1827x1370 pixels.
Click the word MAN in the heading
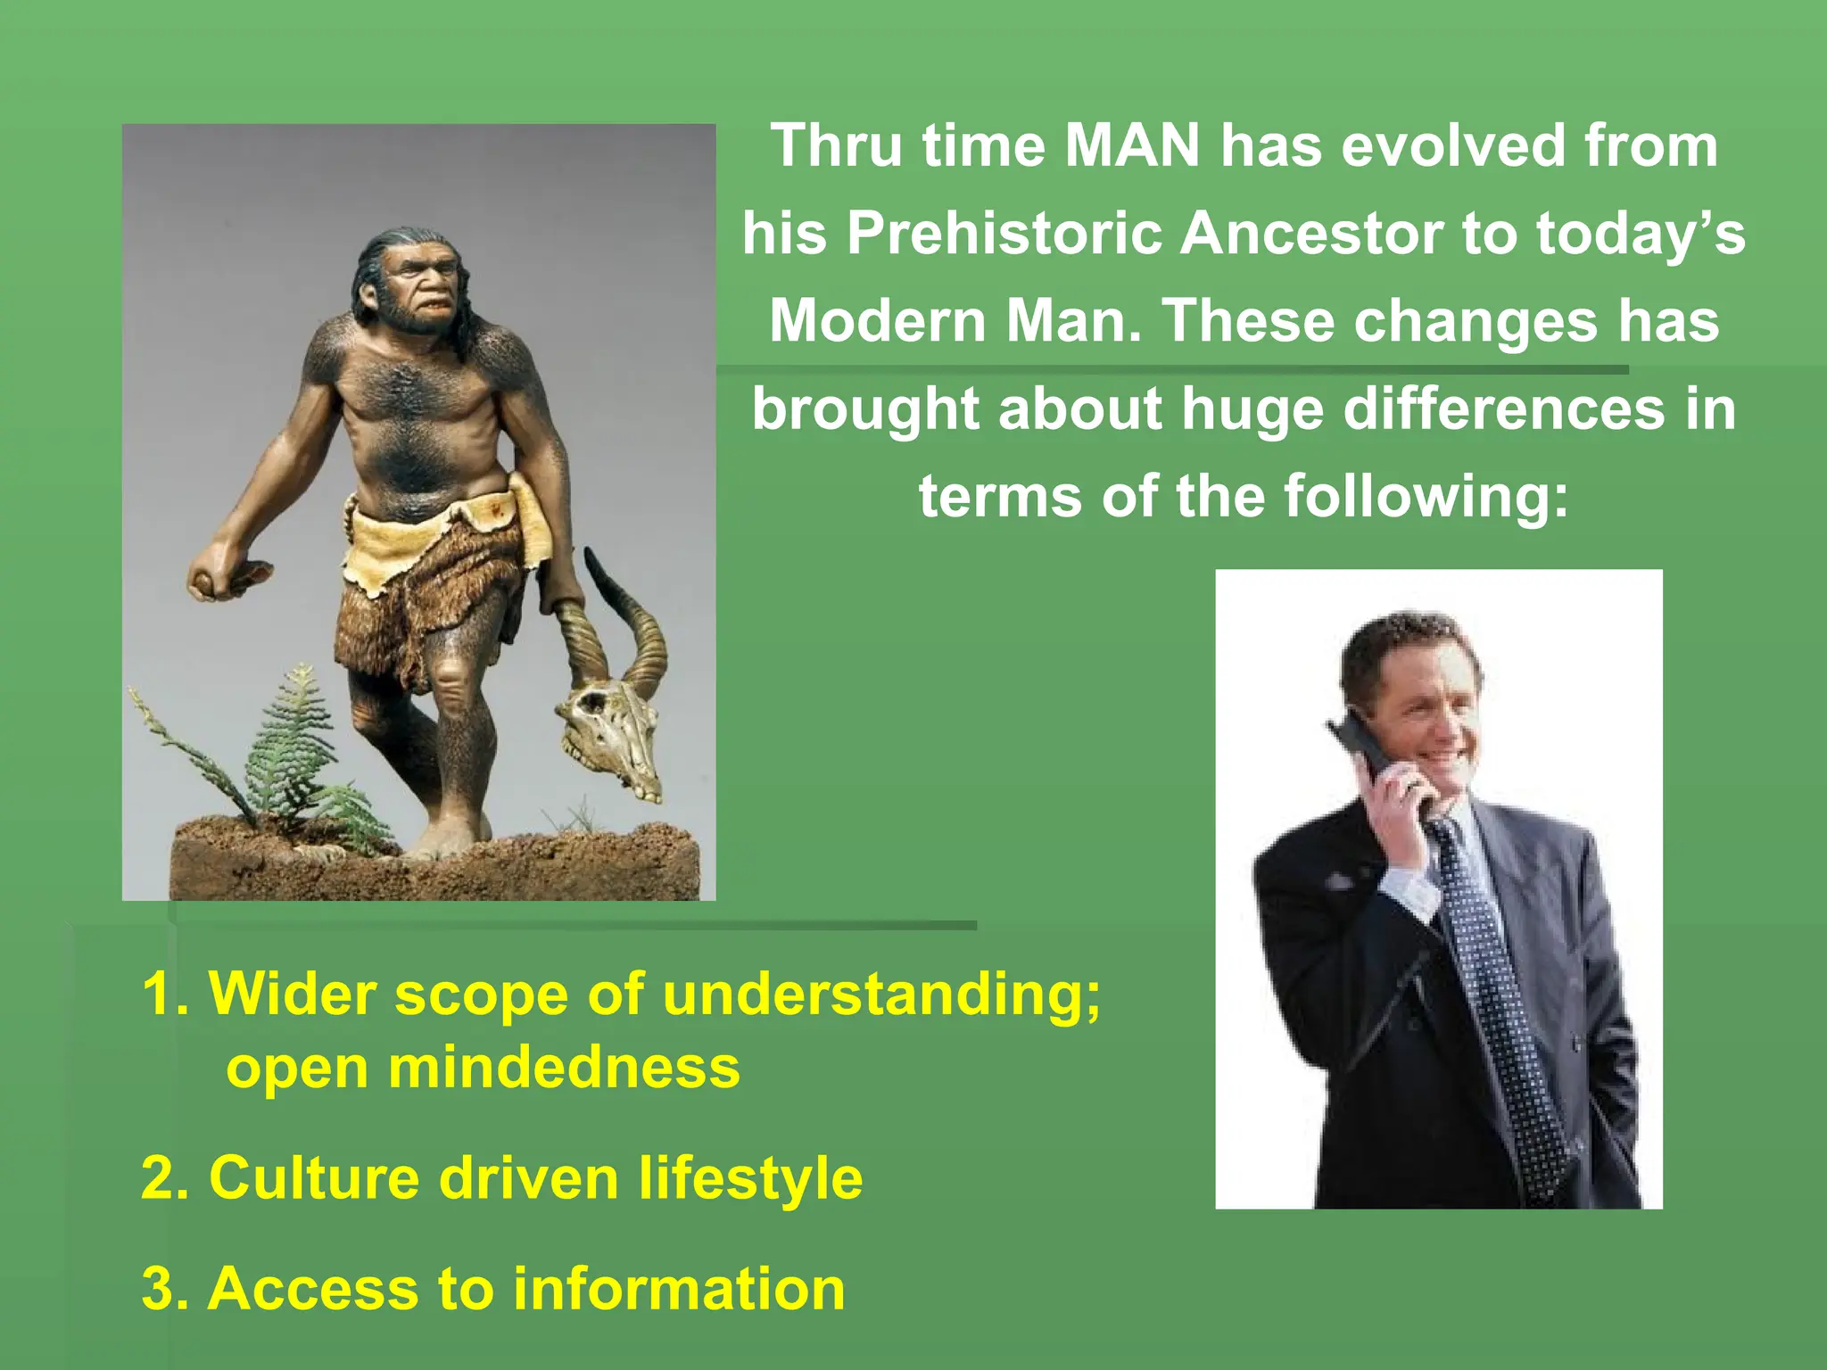coord(1132,145)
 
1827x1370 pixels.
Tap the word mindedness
coord(564,1067)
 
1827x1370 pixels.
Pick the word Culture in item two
coord(314,1177)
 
